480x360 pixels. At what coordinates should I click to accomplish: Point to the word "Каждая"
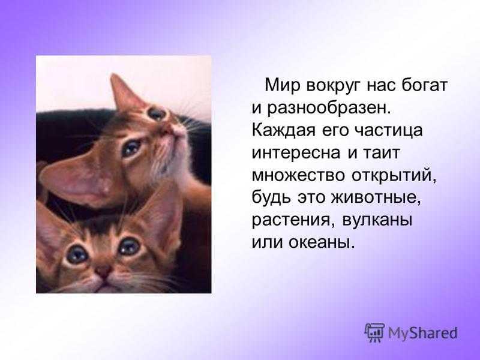click(283, 131)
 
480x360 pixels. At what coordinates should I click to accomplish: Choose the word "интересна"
click(295, 152)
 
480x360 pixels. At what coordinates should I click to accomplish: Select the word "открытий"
click(394, 175)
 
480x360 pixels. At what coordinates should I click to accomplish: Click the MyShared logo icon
click(374, 332)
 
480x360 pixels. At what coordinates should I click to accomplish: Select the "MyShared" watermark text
click(423, 333)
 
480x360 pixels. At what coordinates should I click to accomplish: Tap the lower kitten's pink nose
click(103, 271)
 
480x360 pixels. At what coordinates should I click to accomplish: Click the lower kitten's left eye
click(77, 254)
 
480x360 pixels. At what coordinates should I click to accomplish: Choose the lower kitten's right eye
click(129, 246)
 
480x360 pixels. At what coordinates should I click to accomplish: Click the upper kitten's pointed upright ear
click(125, 91)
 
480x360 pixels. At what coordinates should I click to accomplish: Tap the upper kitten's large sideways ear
click(80, 181)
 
